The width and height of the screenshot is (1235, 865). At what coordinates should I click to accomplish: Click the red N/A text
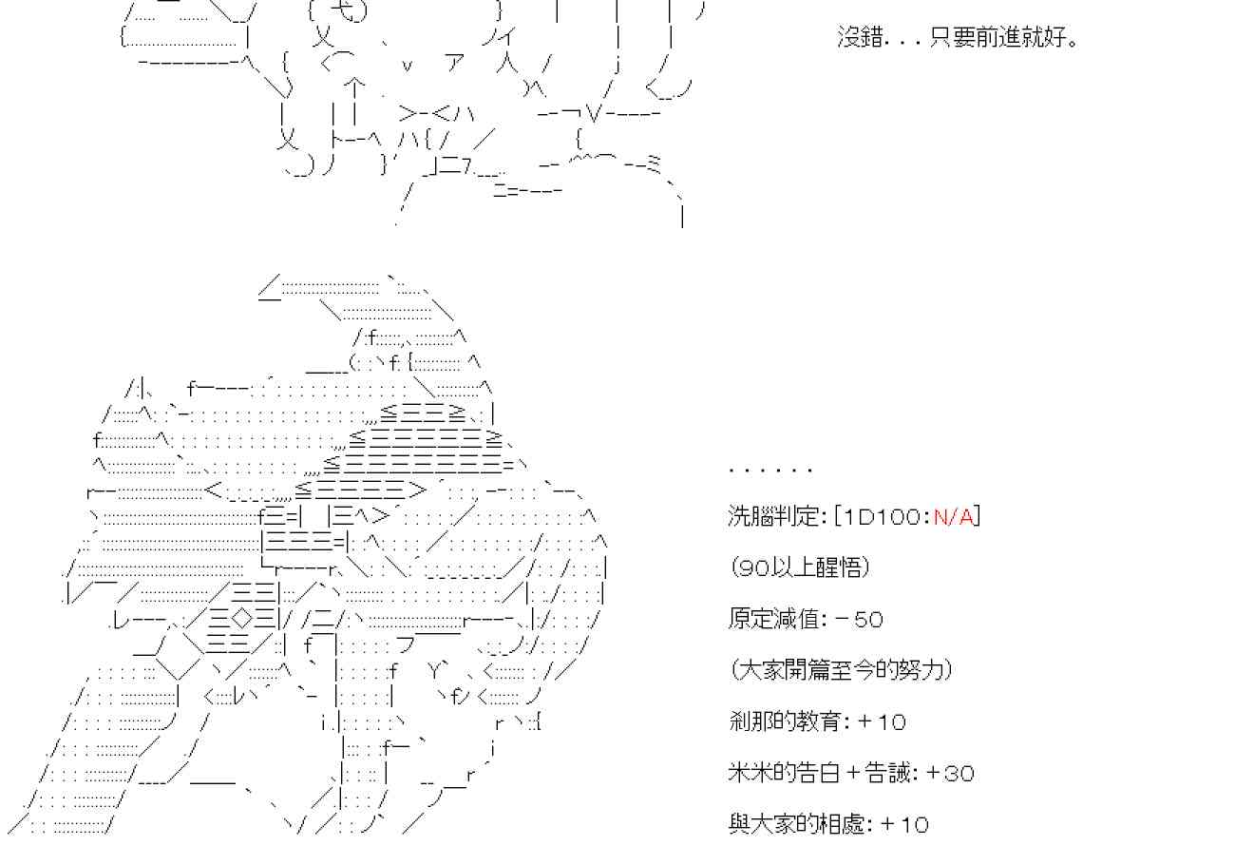953,516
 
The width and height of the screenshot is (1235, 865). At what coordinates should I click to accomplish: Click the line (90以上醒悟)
800,567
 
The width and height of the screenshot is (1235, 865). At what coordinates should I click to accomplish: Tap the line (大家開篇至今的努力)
842,670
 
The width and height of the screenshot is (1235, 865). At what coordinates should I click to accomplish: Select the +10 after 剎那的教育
882,721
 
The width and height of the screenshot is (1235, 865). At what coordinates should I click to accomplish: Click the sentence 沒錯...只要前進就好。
958,39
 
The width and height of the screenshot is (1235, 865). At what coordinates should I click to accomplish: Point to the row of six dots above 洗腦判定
770,470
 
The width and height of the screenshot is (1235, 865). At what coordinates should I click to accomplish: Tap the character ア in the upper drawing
454,64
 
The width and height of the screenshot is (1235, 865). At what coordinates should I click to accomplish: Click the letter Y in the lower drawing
439,671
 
